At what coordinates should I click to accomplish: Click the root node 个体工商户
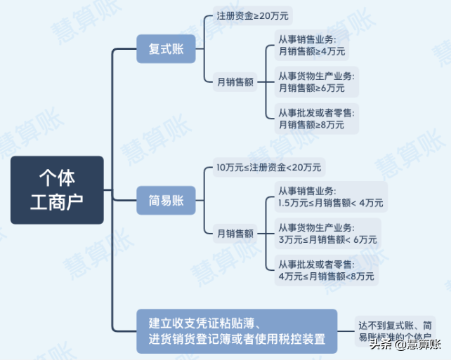[57, 189]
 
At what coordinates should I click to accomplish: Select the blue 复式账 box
[166, 48]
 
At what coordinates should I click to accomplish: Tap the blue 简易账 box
[166, 200]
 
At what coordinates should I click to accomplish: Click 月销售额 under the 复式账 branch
[235, 81]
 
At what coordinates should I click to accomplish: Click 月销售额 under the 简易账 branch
[235, 232]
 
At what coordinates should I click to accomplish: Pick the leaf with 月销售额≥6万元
[312, 88]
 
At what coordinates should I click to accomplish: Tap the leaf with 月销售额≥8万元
[312, 124]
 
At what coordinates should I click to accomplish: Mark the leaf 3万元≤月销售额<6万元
[327, 239]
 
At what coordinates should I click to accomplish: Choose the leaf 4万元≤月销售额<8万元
[327, 276]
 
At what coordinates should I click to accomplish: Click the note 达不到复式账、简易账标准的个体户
[398, 331]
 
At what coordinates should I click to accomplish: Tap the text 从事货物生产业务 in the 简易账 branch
[316, 228]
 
